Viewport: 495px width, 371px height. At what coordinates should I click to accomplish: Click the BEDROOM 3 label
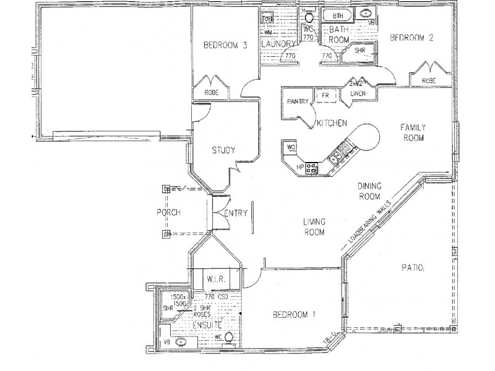(226, 45)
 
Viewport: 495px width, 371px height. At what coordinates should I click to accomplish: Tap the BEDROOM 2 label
(411, 38)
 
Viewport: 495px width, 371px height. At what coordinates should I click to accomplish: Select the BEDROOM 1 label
(295, 314)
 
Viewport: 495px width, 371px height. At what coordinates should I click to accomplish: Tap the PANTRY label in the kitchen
(296, 102)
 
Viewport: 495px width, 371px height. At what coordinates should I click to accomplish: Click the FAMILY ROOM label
(413, 133)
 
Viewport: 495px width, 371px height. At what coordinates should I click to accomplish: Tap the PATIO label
(411, 268)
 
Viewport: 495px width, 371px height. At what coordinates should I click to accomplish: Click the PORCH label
(168, 213)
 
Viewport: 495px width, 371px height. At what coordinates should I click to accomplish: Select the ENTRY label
(236, 213)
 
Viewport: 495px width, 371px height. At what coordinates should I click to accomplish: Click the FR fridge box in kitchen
(322, 96)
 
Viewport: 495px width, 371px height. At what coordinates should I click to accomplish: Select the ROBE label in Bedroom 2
(428, 81)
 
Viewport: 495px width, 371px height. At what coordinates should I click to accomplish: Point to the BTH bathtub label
(337, 15)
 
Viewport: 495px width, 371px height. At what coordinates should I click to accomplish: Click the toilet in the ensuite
(228, 338)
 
